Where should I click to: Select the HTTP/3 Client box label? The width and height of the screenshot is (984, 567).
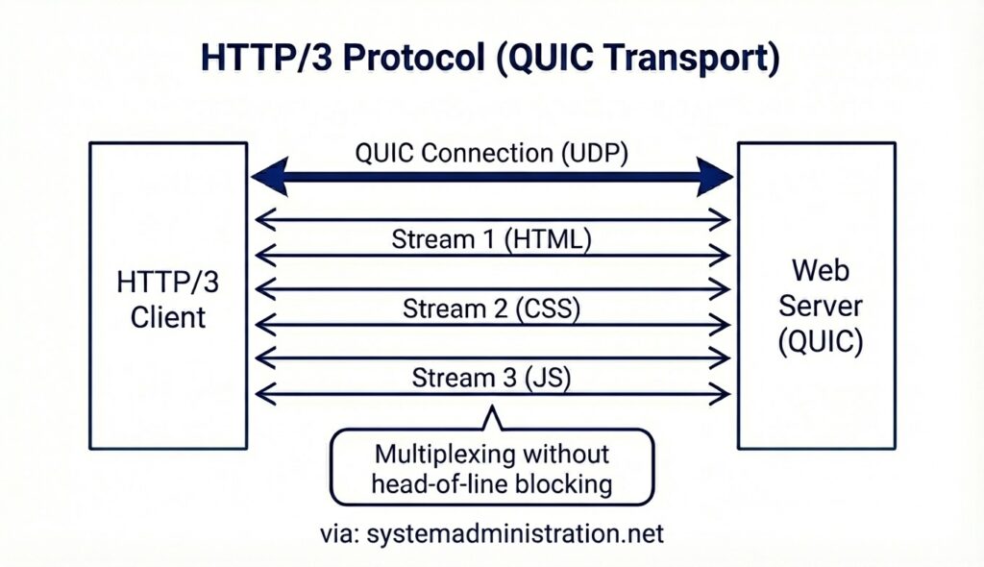pos(169,299)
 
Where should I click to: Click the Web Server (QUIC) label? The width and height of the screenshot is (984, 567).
pos(820,307)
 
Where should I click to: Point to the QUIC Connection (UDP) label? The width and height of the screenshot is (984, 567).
pos(491,153)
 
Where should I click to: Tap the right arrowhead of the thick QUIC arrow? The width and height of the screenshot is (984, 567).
pos(719,178)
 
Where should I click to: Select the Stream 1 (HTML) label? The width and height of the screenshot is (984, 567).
pos(491,239)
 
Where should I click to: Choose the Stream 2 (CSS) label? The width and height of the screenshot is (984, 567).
pos(491,308)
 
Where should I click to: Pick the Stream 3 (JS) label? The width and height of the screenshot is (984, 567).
pos(491,377)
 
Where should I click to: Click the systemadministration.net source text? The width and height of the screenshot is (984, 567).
pos(514,533)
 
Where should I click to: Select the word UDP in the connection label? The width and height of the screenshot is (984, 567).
pos(596,153)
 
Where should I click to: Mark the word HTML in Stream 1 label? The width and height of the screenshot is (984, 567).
pos(551,239)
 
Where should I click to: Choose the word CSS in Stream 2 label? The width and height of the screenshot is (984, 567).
pos(544,308)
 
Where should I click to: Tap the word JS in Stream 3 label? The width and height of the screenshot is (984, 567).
pos(542,377)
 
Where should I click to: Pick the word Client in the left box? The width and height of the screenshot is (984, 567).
pos(169,316)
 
